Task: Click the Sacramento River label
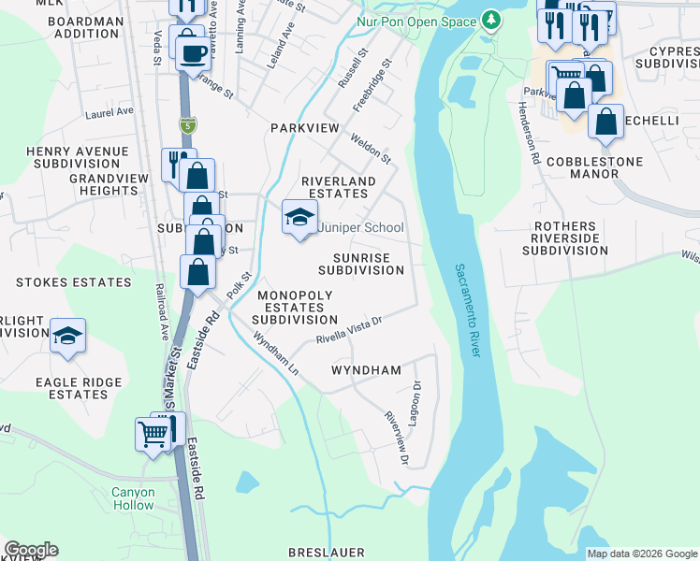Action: (467, 309)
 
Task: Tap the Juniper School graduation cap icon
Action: (299, 218)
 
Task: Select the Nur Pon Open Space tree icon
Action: (489, 21)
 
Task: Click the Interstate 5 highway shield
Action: (188, 124)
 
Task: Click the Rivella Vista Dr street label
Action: (349, 329)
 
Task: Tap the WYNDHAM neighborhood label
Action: (366, 370)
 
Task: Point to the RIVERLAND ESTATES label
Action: (338, 187)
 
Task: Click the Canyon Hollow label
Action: (133, 498)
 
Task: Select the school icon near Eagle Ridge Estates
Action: (68, 336)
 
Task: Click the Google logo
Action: (32, 550)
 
